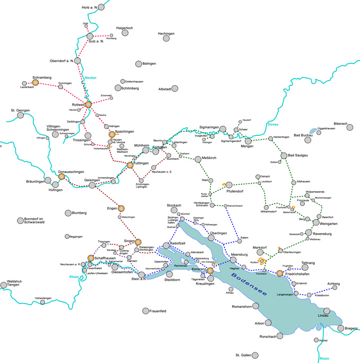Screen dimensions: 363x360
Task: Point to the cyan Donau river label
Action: [273, 125]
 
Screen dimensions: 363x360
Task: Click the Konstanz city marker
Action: [210, 270]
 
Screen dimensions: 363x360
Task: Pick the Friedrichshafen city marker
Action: [280, 273]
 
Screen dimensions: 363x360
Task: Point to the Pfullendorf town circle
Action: [229, 185]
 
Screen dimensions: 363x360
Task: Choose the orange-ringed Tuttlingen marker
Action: [130, 165]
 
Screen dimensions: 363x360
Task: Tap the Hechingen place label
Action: [166, 33]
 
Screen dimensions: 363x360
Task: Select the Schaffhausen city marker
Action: [91, 258]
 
